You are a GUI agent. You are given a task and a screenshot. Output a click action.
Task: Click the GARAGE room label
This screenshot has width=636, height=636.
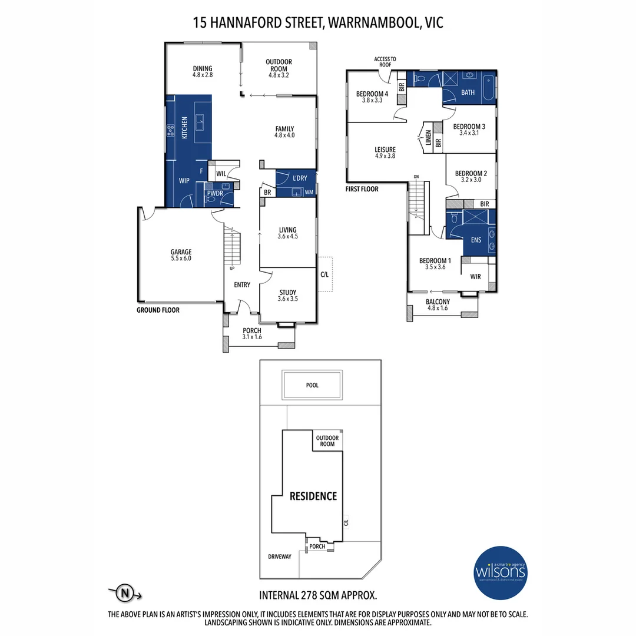click(x=181, y=252)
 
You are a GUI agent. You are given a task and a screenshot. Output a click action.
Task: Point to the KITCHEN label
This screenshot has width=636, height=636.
click(x=184, y=128)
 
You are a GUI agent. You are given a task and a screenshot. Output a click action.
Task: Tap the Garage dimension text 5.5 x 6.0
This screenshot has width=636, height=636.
click(x=181, y=259)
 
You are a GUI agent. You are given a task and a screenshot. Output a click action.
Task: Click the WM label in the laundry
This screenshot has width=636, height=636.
click(x=309, y=192)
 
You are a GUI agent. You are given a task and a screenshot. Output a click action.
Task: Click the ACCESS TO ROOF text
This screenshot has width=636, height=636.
click(x=385, y=62)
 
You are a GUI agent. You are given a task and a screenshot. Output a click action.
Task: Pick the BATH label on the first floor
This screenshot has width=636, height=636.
click(x=468, y=92)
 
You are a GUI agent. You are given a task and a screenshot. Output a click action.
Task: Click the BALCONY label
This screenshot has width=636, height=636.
click(x=438, y=302)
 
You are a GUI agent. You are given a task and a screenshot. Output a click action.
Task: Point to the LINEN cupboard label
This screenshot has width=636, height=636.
click(x=429, y=140)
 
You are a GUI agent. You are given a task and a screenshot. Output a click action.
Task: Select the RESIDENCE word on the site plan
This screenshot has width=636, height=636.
click(x=313, y=496)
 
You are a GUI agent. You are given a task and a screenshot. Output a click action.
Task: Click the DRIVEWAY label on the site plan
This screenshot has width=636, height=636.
click(x=279, y=556)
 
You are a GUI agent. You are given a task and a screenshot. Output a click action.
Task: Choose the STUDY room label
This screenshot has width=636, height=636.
click(x=287, y=293)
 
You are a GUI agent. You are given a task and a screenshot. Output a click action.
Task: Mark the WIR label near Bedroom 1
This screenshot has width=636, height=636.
click(x=476, y=276)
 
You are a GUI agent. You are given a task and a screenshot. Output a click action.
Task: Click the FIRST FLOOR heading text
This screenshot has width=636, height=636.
click(x=362, y=189)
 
